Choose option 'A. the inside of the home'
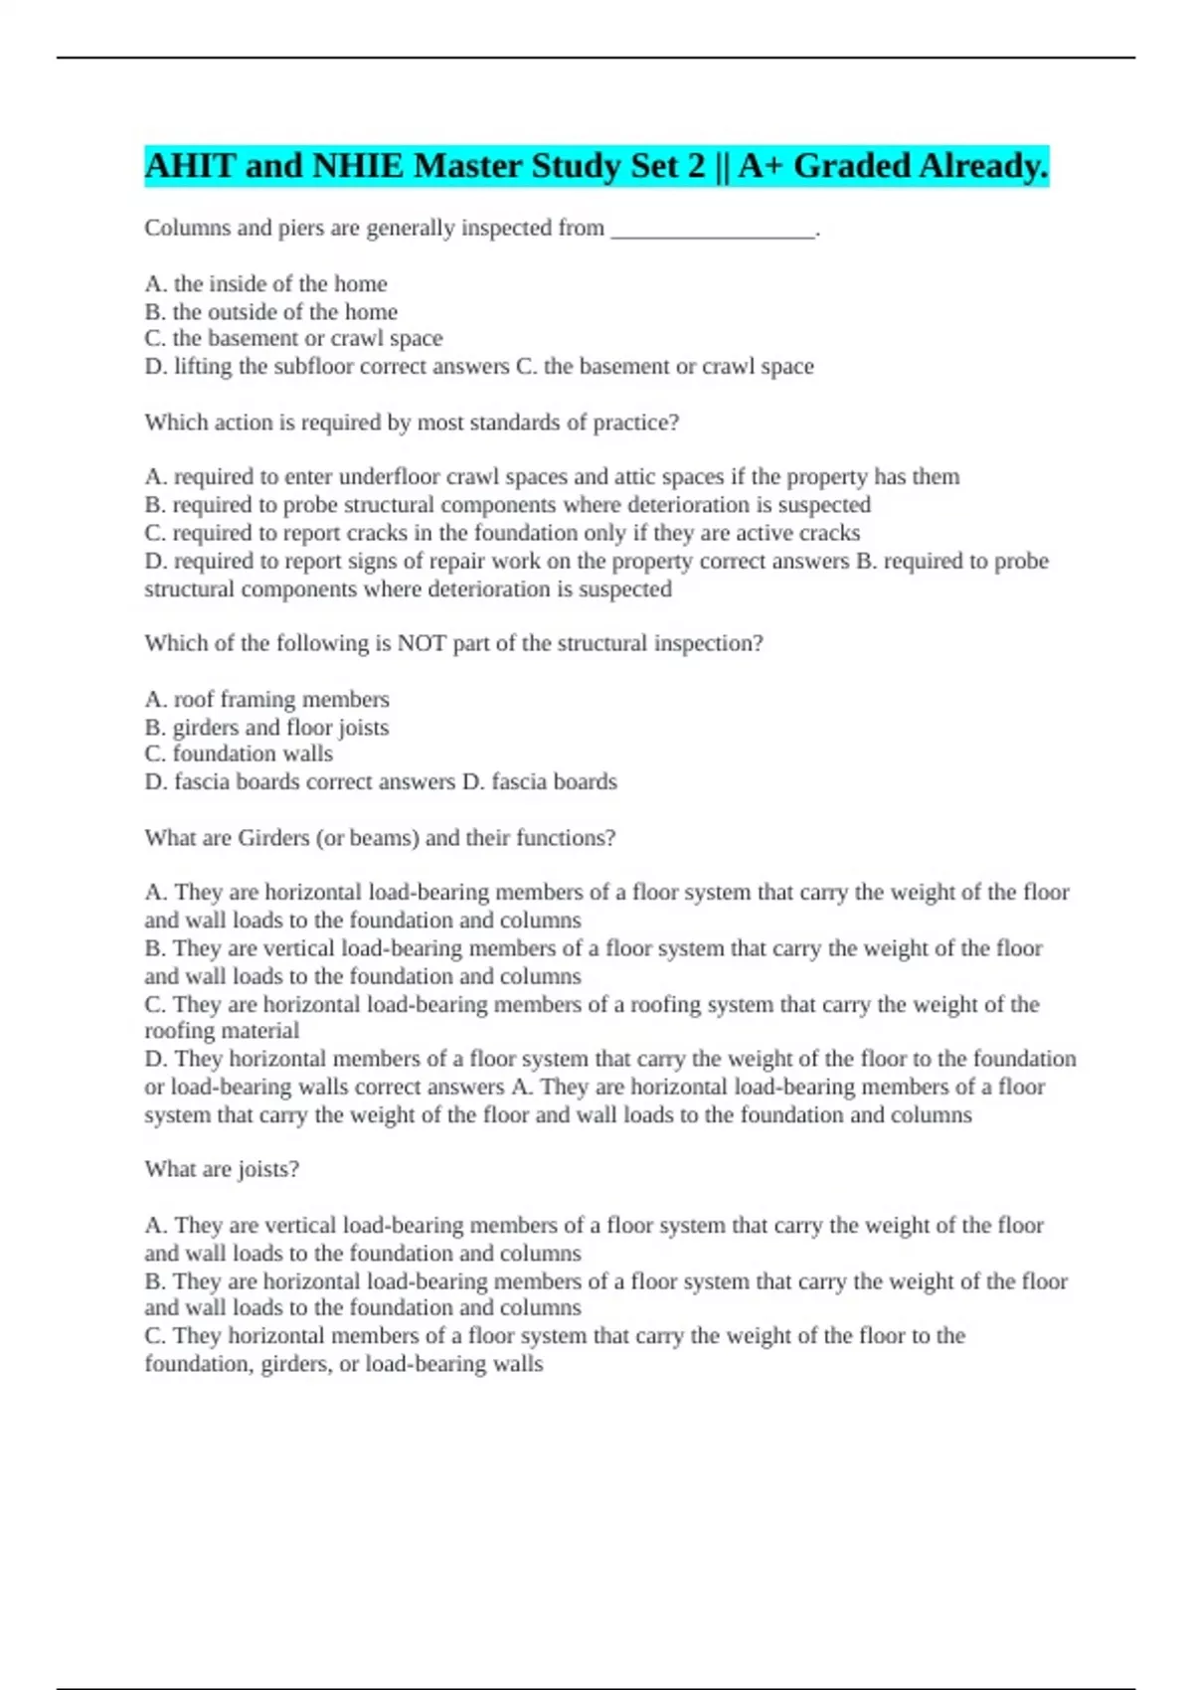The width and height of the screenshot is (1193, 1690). pyautogui.click(x=265, y=284)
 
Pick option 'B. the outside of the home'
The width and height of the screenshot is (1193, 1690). pyautogui.click(x=270, y=312)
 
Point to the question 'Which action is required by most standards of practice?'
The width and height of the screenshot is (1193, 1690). pyautogui.click(x=412, y=422)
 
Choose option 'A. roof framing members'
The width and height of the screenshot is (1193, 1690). pyautogui.click(x=266, y=700)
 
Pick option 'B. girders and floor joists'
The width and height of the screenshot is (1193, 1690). pyautogui.click(x=266, y=728)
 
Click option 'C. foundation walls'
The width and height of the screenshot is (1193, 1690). pyautogui.click(x=239, y=755)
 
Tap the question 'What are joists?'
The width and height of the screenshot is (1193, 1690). pyautogui.click(x=222, y=1170)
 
